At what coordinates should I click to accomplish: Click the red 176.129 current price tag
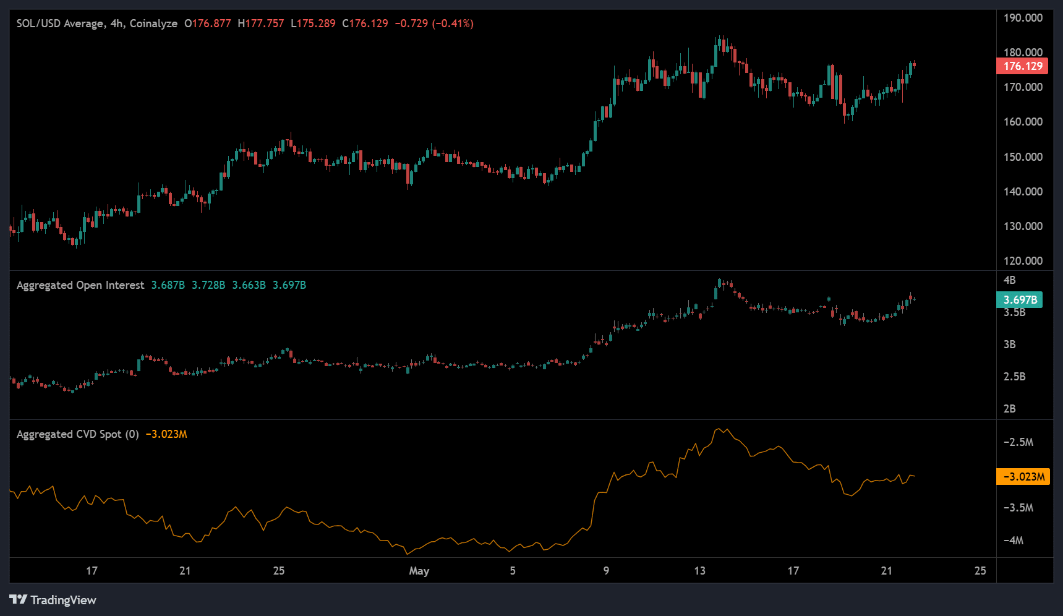(1022, 66)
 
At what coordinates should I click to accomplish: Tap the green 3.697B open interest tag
(1019, 300)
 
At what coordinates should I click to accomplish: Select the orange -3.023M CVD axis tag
(1023, 477)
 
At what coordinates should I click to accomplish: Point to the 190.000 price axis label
(1023, 18)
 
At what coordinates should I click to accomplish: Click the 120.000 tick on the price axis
(1023, 261)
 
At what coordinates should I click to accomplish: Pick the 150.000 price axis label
(1023, 157)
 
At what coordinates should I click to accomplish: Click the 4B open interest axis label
(1009, 280)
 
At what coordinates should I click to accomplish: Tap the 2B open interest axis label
(1009, 409)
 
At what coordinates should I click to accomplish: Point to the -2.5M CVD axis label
(1018, 442)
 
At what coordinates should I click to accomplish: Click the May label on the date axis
(419, 571)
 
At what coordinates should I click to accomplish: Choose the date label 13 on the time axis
(699, 571)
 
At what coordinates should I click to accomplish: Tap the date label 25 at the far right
(980, 571)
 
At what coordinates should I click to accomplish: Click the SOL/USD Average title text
(60, 24)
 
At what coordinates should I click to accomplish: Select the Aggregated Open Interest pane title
(80, 285)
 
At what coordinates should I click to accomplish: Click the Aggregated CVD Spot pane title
(77, 434)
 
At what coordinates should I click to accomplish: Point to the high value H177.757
(261, 24)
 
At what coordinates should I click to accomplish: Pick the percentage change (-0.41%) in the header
(453, 24)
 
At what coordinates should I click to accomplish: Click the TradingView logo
(53, 600)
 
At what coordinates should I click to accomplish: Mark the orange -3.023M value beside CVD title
(166, 434)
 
